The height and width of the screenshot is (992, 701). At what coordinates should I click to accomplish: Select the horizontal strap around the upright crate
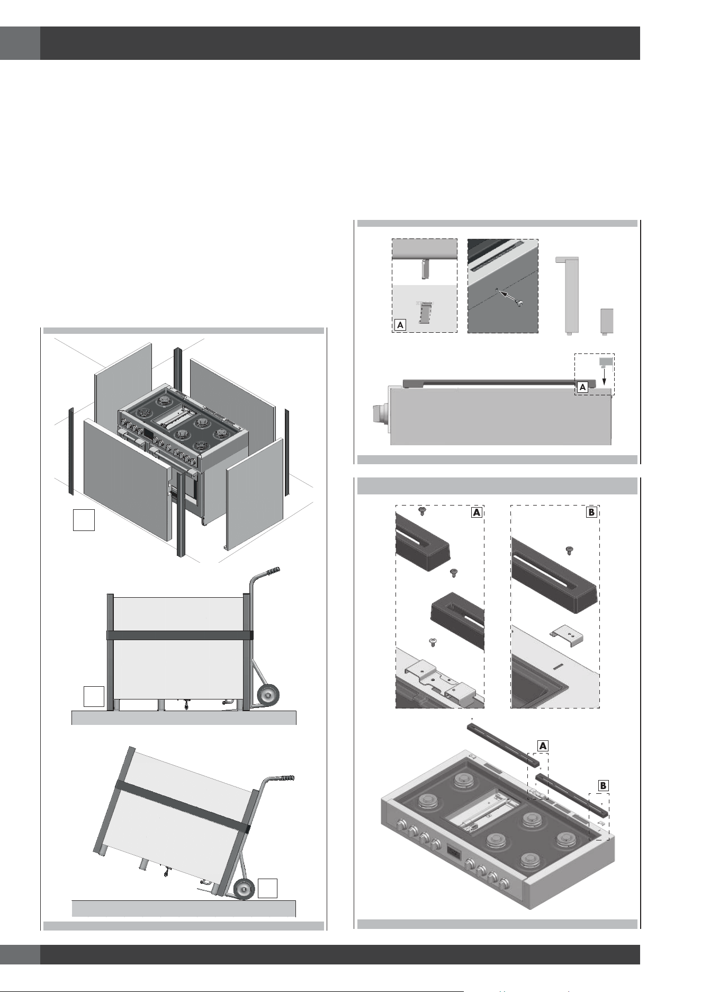180,635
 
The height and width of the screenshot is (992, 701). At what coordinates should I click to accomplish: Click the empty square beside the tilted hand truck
268,888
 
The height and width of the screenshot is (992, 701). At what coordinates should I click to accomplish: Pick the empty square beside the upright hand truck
94,696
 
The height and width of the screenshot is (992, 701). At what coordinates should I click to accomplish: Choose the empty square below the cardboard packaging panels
84,520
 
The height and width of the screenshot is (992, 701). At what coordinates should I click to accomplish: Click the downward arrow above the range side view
604,377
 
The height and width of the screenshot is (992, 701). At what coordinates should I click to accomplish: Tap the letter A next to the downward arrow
582,387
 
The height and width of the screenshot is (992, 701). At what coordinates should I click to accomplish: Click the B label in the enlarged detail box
591,512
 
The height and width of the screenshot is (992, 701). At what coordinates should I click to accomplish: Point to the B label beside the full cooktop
603,785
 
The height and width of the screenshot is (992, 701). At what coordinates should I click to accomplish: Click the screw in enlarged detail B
569,551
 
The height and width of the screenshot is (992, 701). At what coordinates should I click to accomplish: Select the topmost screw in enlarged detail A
423,511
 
